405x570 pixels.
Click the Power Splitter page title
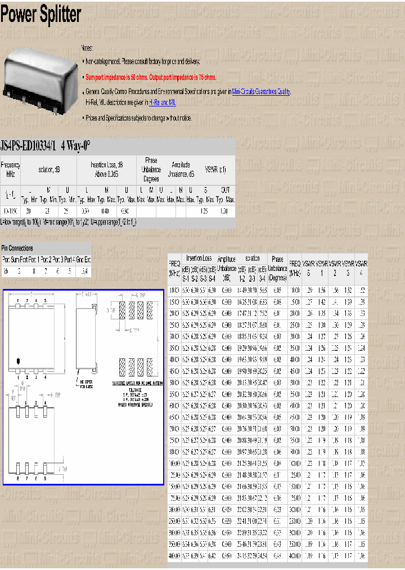coord(40,15)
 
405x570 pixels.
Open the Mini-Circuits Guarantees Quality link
coord(261,91)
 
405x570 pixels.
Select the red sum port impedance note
coord(150,77)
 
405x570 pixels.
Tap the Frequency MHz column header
coord(10,170)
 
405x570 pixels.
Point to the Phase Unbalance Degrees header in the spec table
coord(151,170)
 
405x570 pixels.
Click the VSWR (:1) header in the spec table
coord(215,170)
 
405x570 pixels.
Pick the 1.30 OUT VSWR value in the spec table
coord(224,211)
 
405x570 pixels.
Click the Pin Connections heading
coord(17,248)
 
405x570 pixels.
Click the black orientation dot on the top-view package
coord(19,360)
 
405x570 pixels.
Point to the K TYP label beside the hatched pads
coord(135,330)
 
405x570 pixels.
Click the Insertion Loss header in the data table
coord(199,259)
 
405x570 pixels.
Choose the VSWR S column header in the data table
coord(308,268)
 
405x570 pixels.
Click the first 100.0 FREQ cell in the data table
coord(174,290)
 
